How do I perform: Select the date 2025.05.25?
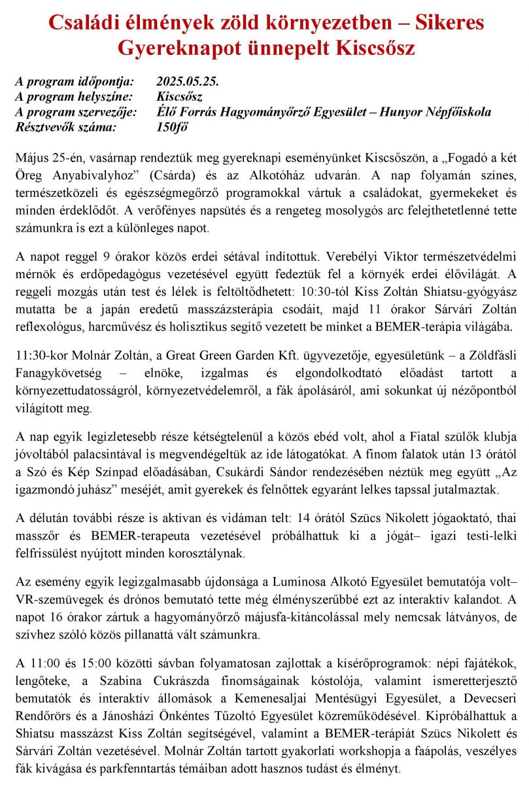(x=187, y=82)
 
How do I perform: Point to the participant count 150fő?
(x=172, y=127)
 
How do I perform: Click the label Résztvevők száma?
(x=65, y=127)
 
